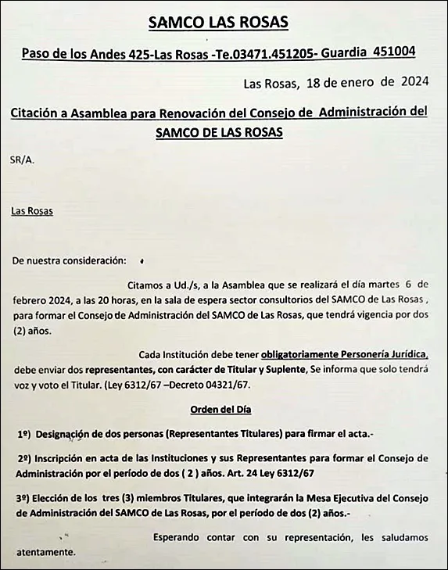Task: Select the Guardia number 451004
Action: coord(394,52)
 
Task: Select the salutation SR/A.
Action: coord(23,160)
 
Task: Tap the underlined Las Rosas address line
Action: coord(32,210)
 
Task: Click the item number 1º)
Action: coord(23,432)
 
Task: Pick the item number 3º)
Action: coord(23,497)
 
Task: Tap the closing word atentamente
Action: coord(44,552)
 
